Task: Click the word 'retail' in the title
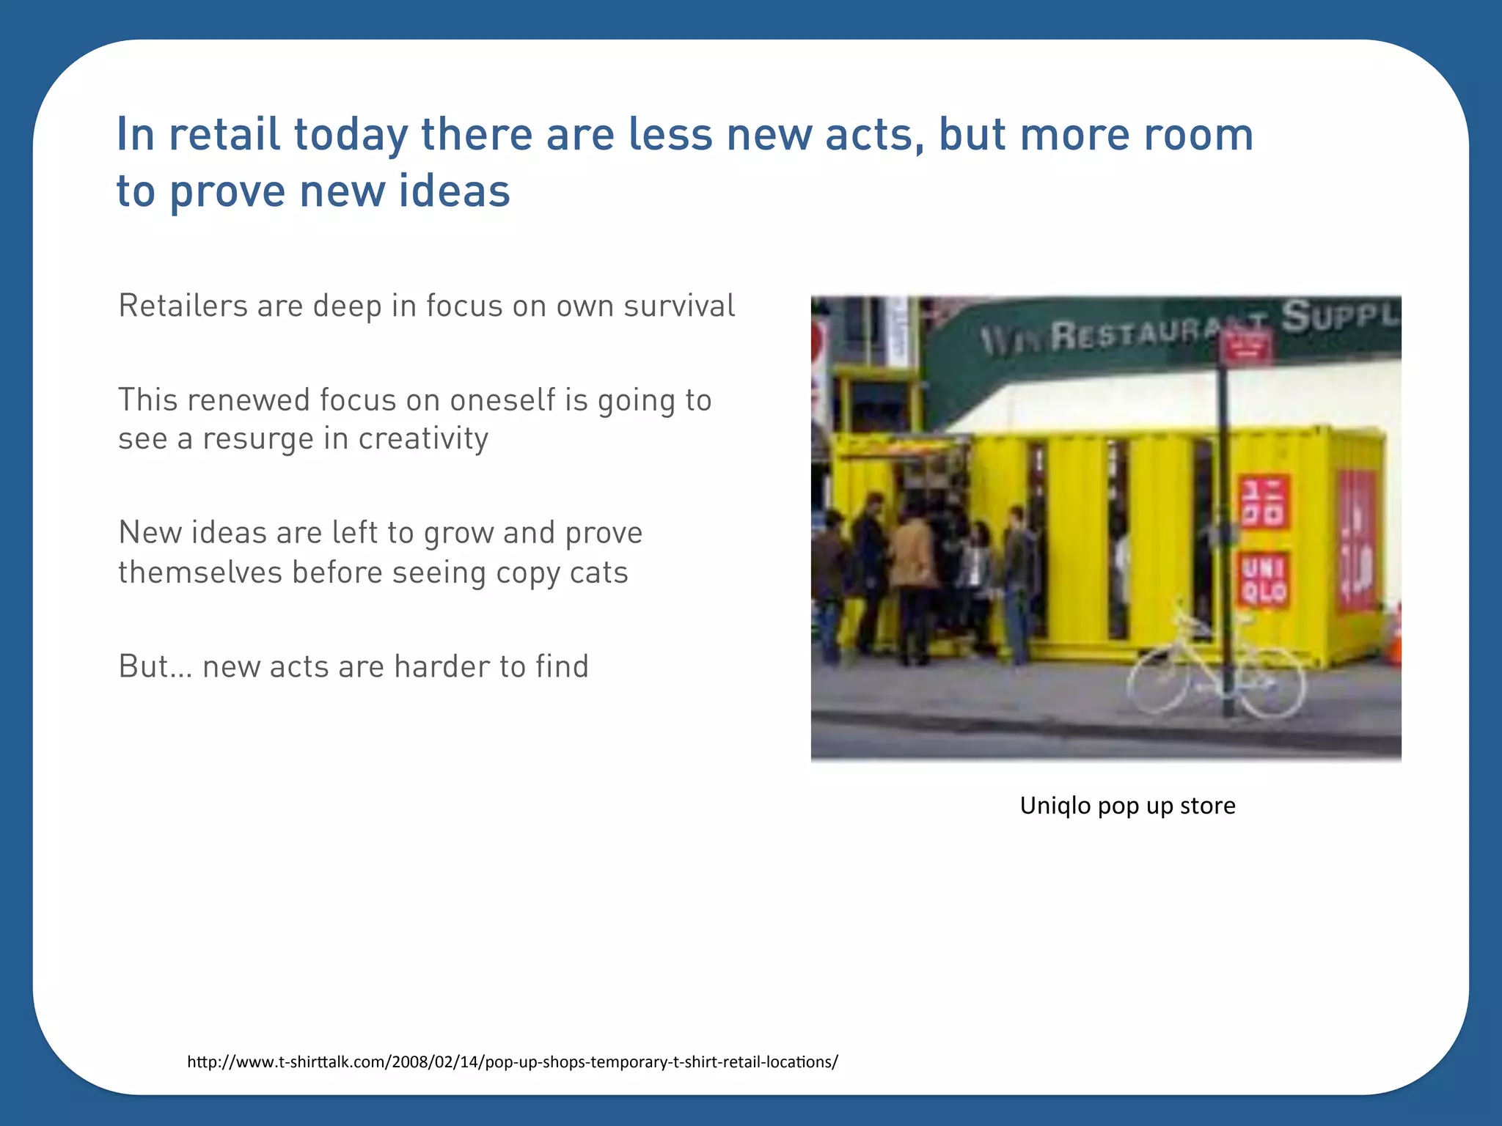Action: point(224,135)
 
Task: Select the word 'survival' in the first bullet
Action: point(679,306)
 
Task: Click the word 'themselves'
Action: point(199,573)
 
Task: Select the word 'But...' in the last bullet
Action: point(155,666)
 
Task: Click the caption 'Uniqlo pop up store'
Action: point(1127,806)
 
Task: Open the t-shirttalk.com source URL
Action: point(512,1061)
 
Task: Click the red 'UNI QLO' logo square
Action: point(1264,579)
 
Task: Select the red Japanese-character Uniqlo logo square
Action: point(1264,501)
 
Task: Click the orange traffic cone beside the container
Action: point(1395,636)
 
